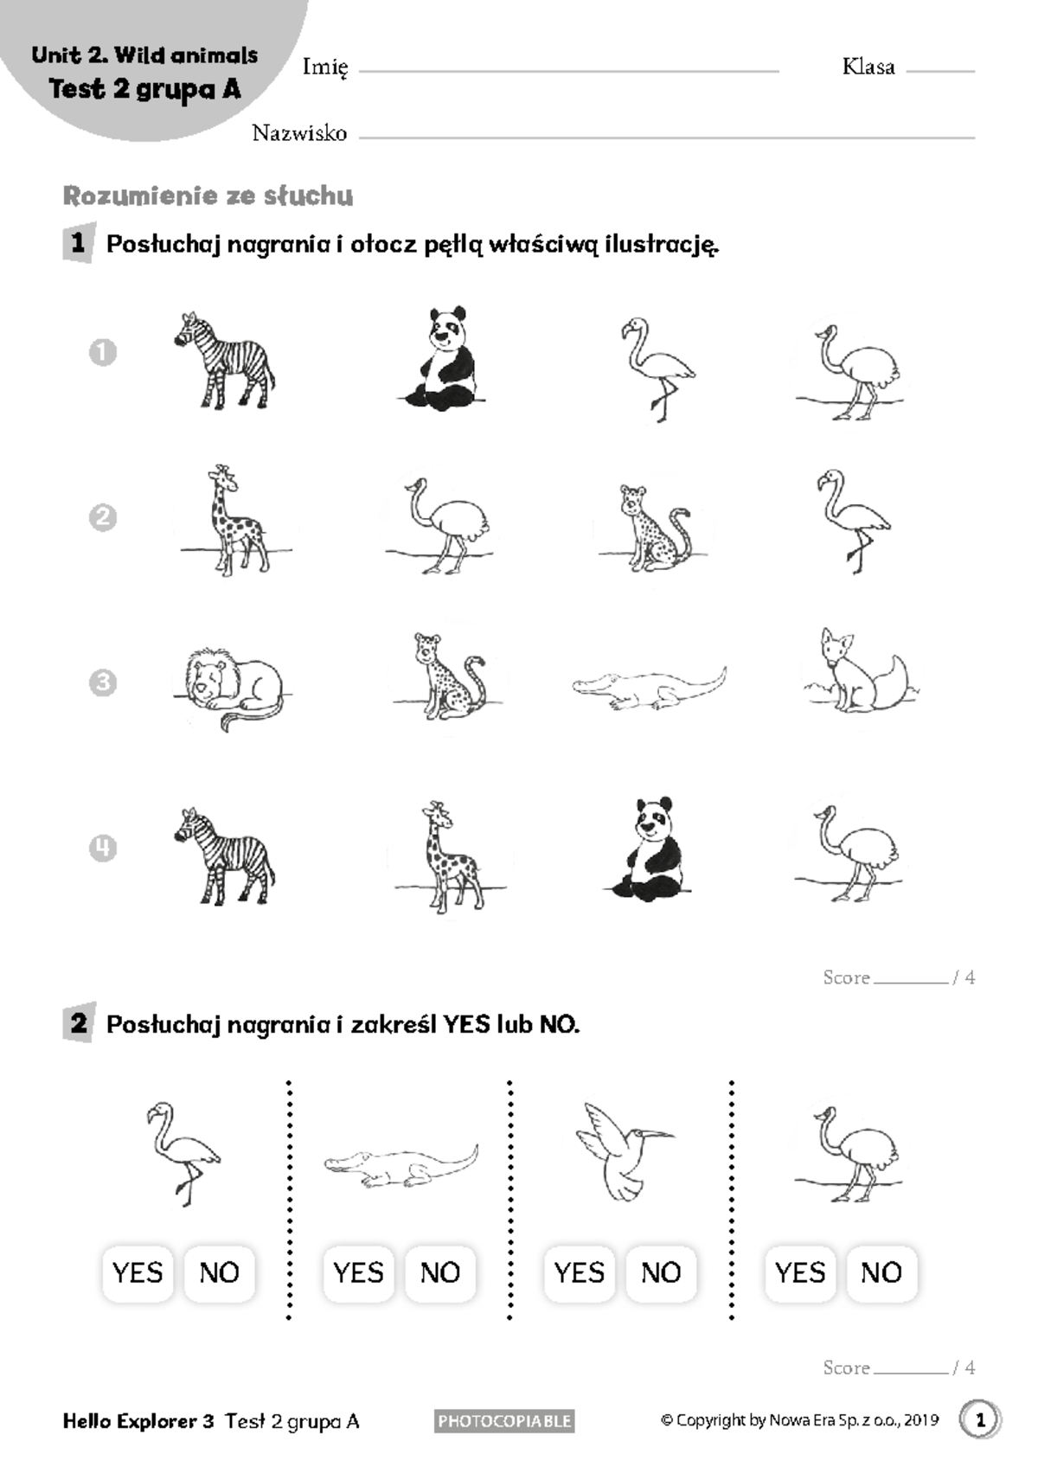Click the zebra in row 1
[x=225, y=362]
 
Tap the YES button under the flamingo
[x=138, y=1273]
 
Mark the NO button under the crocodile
[x=439, y=1273]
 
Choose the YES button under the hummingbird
[x=579, y=1273]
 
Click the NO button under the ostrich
[x=881, y=1273]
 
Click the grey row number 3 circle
[x=103, y=683]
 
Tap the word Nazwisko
[x=299, y=133]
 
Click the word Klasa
[x=868, y=67]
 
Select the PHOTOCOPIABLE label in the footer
[x=504, y=1421]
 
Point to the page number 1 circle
[x=979, y=1420]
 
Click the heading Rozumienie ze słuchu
[x=208, y=196]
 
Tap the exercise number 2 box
[x=79, y=1024]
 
